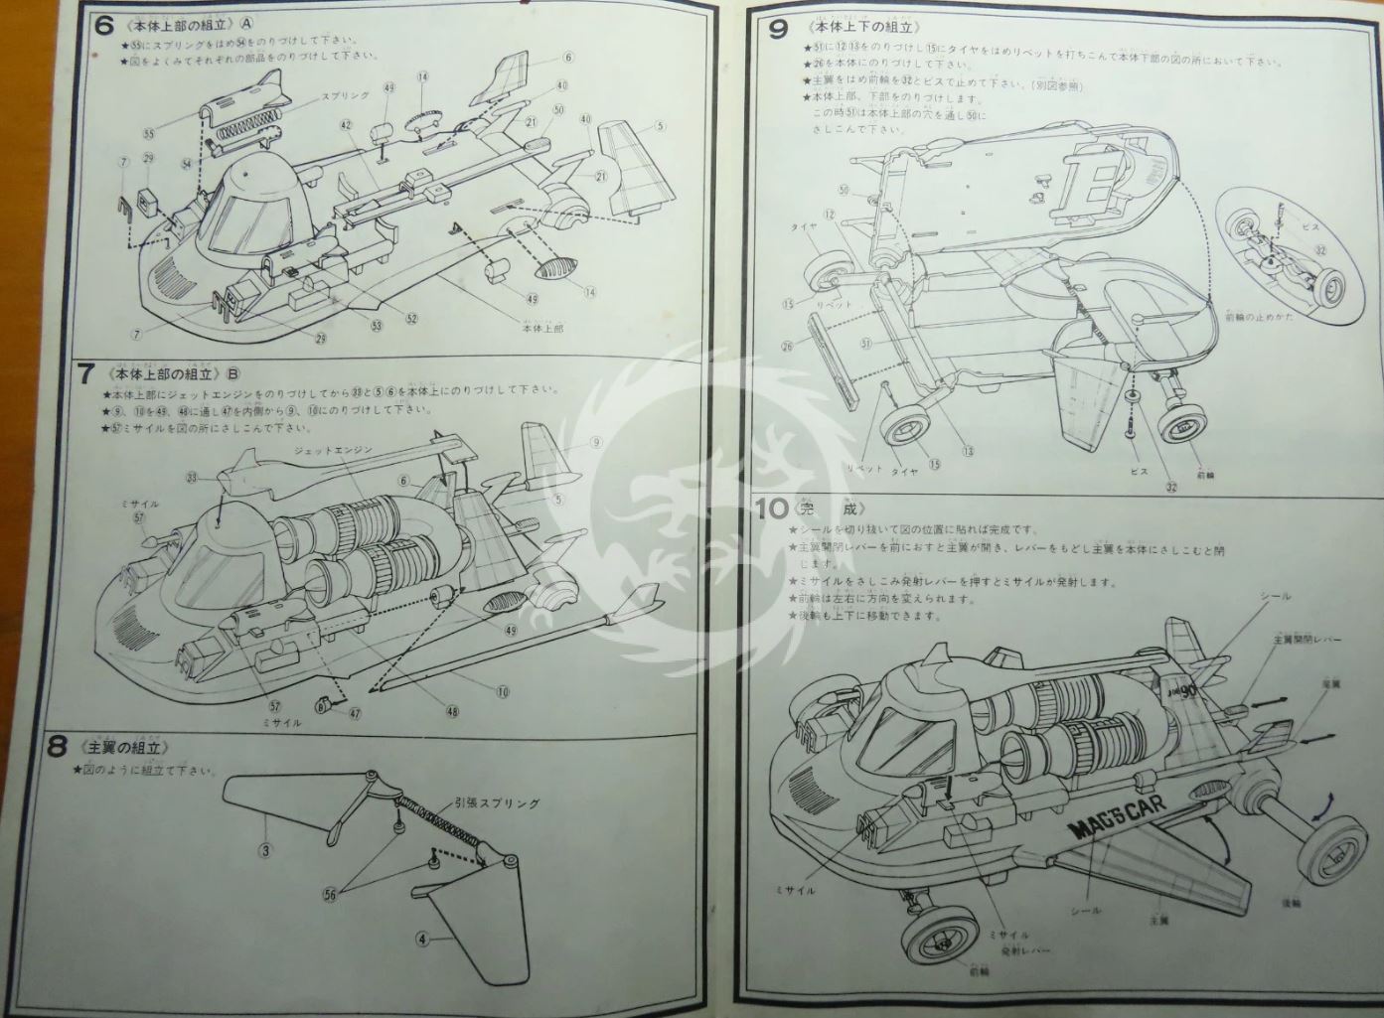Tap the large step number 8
coord(59,747)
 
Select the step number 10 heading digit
coord(772,509)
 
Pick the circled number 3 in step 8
coord(265,849)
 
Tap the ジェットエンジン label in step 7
coord(332,451)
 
